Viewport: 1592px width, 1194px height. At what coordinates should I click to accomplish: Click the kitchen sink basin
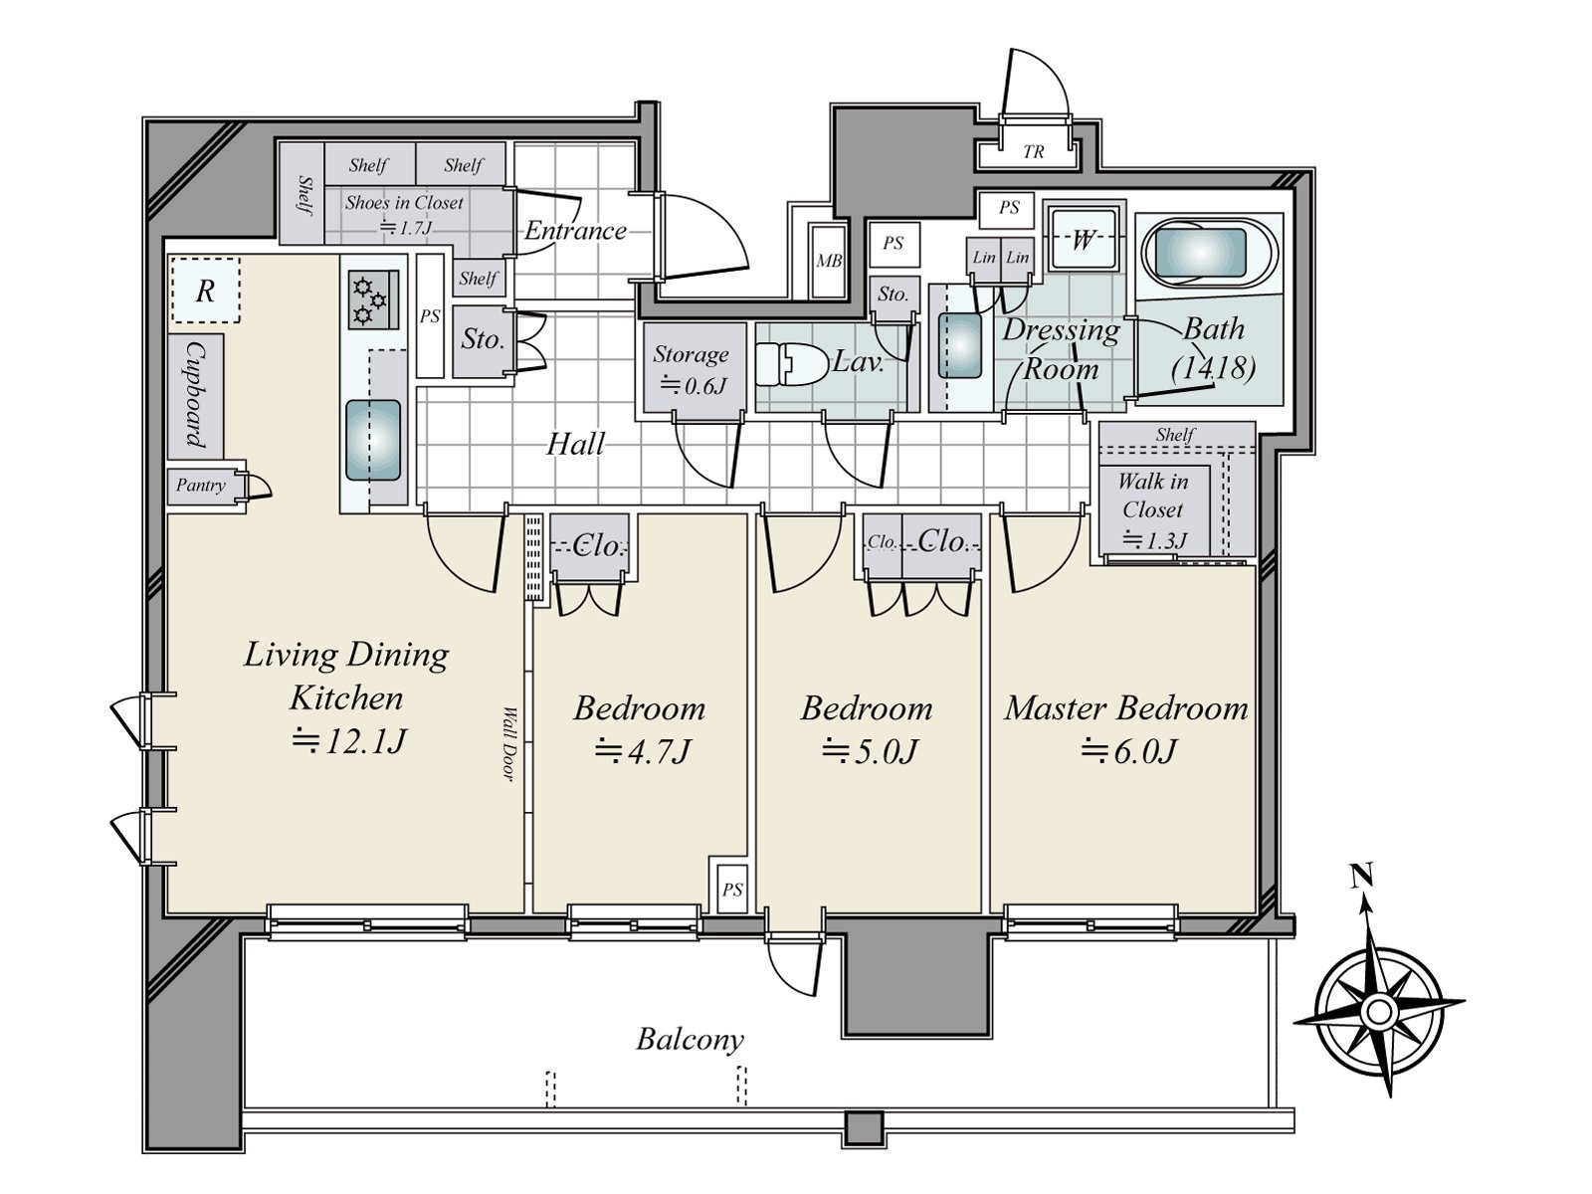click(373, 440)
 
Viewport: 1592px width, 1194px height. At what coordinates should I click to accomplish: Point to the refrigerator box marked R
click(206, 291)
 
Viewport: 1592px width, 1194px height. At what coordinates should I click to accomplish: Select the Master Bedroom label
click(1125, 708)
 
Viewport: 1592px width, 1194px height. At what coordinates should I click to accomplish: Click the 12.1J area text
click(347, 742)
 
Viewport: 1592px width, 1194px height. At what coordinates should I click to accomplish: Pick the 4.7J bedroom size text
click(641, 752)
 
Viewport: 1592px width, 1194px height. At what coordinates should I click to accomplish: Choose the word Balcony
click(690, 1041)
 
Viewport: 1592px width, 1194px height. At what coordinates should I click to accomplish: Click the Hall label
click(575, 445)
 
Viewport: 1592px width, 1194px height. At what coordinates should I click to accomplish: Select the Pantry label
click(201, 485)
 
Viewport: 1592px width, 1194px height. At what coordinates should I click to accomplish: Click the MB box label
click(828, 261)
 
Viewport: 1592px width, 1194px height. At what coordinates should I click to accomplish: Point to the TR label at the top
click(1034, 152)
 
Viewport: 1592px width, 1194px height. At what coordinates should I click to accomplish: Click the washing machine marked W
click(1083, 240)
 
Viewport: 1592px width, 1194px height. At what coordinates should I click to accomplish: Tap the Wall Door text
click(509, 744)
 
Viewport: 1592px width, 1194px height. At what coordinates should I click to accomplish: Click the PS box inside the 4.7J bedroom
click(731, 890)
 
